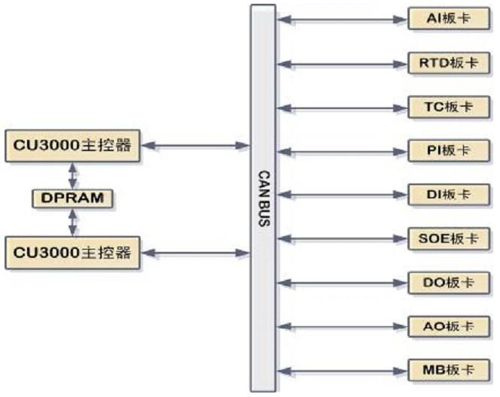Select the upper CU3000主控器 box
[x=73, y=145]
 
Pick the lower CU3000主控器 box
[x=73, y=253]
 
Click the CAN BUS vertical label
[x=264, y=198]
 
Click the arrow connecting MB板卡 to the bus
[x=343, y=371]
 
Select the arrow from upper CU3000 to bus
[x=196, y=145]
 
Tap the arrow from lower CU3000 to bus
[x=196, y=253]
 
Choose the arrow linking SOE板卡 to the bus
[x=343, y=239]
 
